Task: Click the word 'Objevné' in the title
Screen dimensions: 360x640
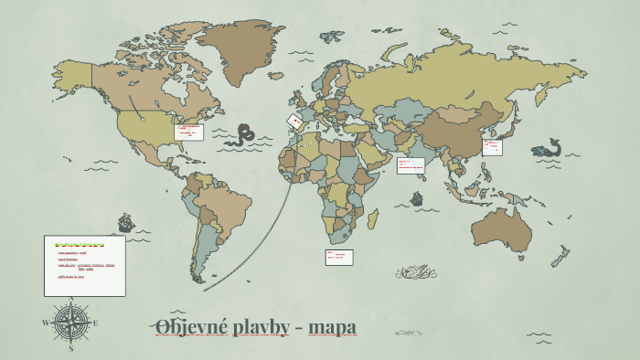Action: (x=184, y=326)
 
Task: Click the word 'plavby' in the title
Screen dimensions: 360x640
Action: (x=257, y=326)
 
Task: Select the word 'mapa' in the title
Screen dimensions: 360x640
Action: (x=333, y=326)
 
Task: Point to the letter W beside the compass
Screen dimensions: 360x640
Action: (x=47, y=323)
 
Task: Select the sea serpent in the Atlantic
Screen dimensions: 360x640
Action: (x=243, y=135)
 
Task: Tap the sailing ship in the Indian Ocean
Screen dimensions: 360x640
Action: (x=417, y=197)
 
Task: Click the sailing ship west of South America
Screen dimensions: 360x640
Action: (x=125, y=222)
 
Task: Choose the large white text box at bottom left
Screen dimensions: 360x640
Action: (x=84, y=265)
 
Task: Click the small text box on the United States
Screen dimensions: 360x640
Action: (x=190, y=132)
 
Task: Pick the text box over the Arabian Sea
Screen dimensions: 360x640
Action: (x=411, y=165)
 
